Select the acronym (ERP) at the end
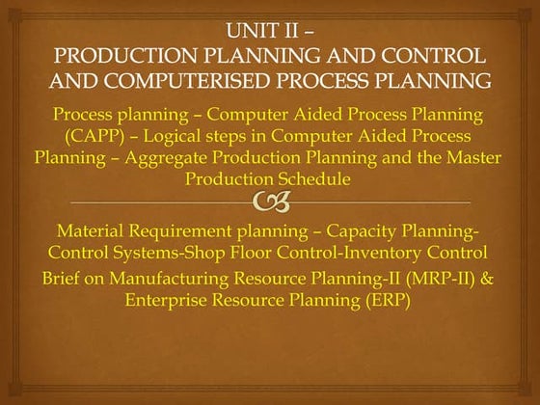(389, 300)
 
